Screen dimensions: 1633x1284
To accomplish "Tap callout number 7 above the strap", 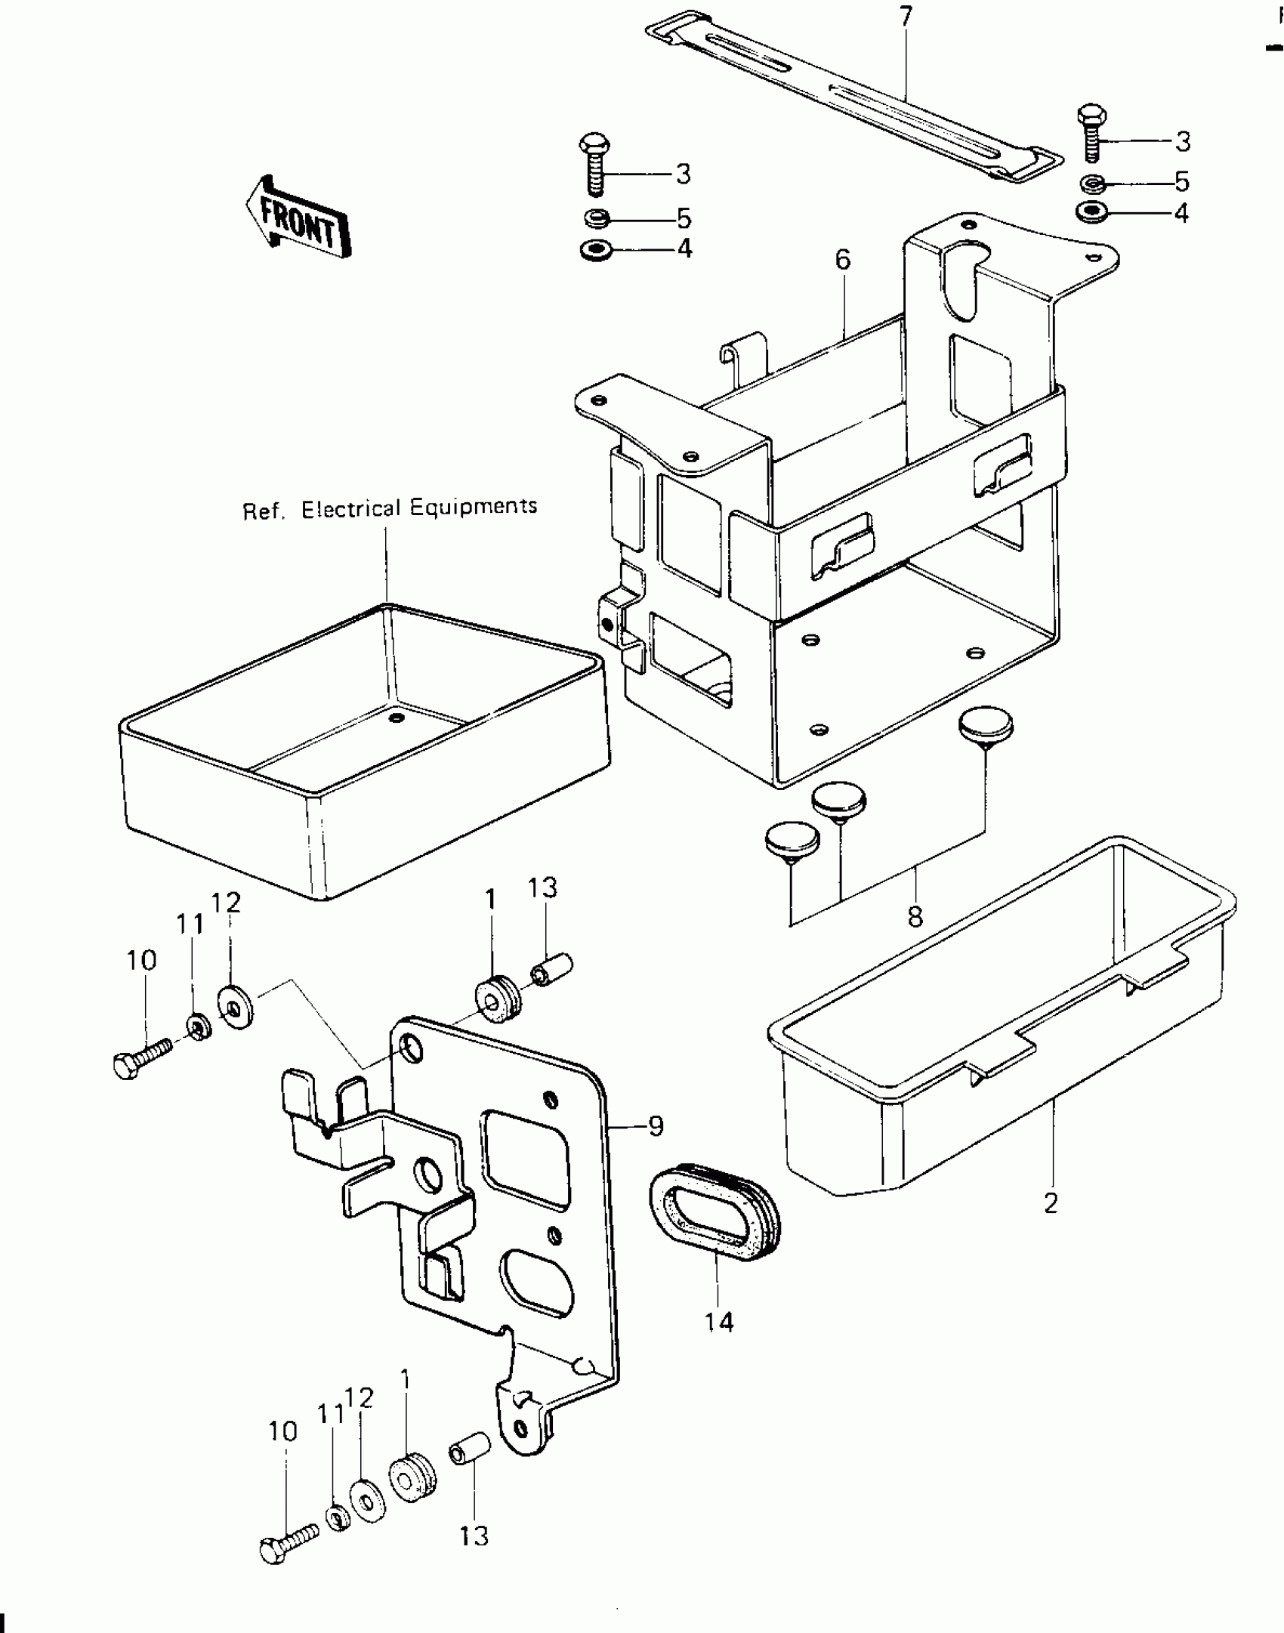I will click(x=906, y=17).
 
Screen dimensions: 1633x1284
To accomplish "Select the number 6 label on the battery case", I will click(x=843, y=261).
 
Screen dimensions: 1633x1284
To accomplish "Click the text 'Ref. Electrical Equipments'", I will click(x=390, y=508).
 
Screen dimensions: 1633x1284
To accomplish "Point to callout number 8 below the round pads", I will click(x=915, y=917).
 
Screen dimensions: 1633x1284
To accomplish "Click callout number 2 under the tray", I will click(x=1051, y=1202).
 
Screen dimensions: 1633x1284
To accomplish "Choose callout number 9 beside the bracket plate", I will click(x=656, y=1147).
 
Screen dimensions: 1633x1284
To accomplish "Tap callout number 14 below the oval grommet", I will click(x=719, y=1322).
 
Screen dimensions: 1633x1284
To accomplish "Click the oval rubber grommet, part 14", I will click(x=714, y=1221).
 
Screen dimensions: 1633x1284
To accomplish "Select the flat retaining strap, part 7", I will click(x=853, y=94).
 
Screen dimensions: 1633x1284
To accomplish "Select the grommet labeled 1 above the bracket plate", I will click(x=496, y=999).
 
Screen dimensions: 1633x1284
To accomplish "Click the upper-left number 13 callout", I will click(x=542, y=887).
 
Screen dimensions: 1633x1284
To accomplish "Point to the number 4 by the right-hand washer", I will click(x=1181, y=214).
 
